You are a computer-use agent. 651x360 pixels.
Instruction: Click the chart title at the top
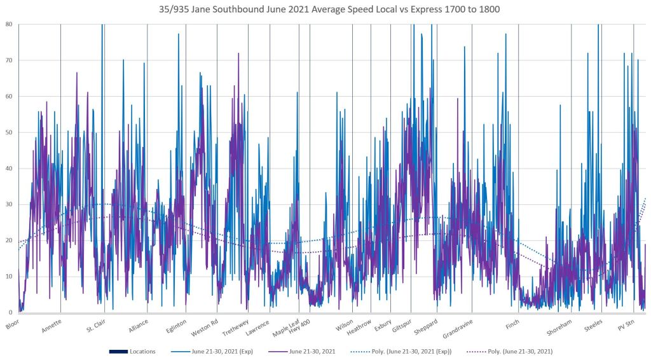pos(325,10)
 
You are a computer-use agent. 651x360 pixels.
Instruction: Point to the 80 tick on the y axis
pos(8,24)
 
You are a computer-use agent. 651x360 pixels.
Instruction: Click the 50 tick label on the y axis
pos(8,132)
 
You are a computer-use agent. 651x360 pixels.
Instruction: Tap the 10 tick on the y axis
pos(8,276)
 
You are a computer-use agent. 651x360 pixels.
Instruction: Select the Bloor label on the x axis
pos(13,324)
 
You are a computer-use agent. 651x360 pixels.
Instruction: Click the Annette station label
pos(52,326)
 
